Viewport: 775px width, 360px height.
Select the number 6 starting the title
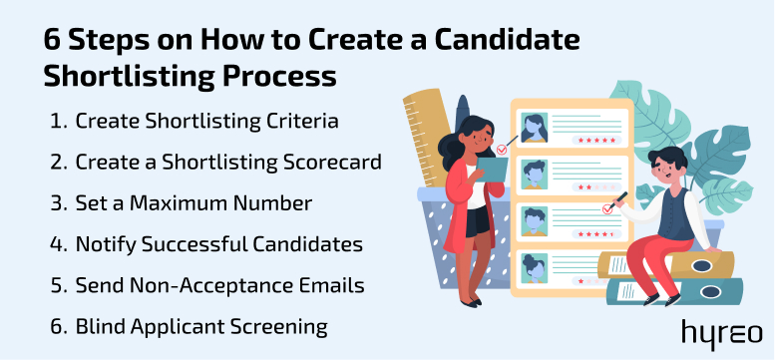point(54,43)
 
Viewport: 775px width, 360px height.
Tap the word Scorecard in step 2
point(330,163)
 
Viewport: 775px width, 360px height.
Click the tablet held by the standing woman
point(488,171)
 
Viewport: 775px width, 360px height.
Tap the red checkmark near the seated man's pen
point(605,209)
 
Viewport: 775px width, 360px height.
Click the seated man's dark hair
point(667,159)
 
